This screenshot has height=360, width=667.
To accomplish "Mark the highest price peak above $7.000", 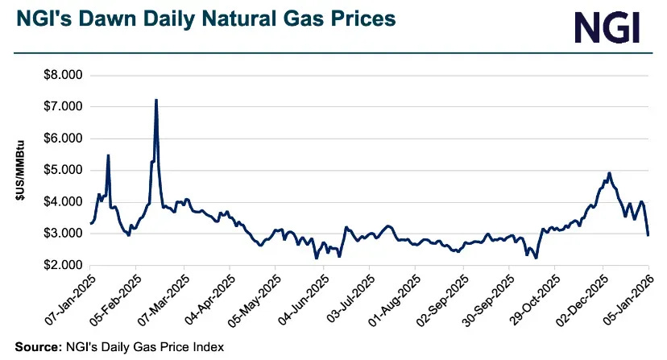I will pyautogui.click(x=155, y=101).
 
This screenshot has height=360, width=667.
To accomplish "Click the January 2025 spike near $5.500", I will pyautogui.click(x=108, y=155).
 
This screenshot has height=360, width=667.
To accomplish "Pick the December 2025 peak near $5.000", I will pyautogui.click(x=609, y=173).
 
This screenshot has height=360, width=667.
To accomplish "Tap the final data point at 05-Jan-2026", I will pyautogui.click(x=648, y=234).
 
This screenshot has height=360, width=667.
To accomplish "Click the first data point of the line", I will pyautogui.click(x=90, y=223).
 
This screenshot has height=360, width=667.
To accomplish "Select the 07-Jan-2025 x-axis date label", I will pyautogui.click(x=71, y=299).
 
